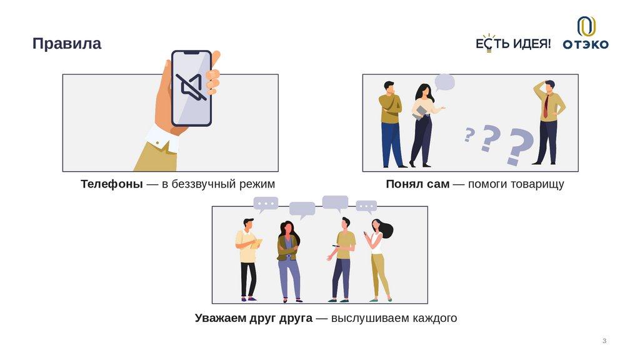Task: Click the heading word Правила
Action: click(x=66, y=43)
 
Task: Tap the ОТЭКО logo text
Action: click(x=586, y=44)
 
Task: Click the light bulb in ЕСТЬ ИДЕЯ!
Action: click(x=489, y=43)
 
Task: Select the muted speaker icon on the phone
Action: click(x=191, y=87)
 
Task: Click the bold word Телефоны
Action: click(x=111, y=184)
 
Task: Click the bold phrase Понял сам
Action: click(x=417, y=184)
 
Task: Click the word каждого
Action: click(x=435, y=318)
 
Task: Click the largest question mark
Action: click(x=519, y=146)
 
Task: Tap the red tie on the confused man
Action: click(x=546, y=106)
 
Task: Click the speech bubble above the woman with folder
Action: click(x=444, y=82)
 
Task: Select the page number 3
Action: click(x=604, y=341)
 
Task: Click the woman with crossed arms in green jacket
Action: click(x=289, y=261)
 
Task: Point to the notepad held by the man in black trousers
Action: click(x=257, y=244)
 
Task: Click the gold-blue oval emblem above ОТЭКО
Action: click(x=586, y=26)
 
